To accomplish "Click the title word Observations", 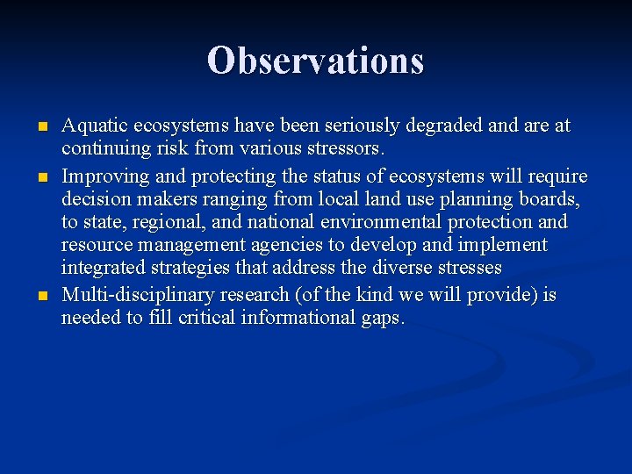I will (x=316, y=61).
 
